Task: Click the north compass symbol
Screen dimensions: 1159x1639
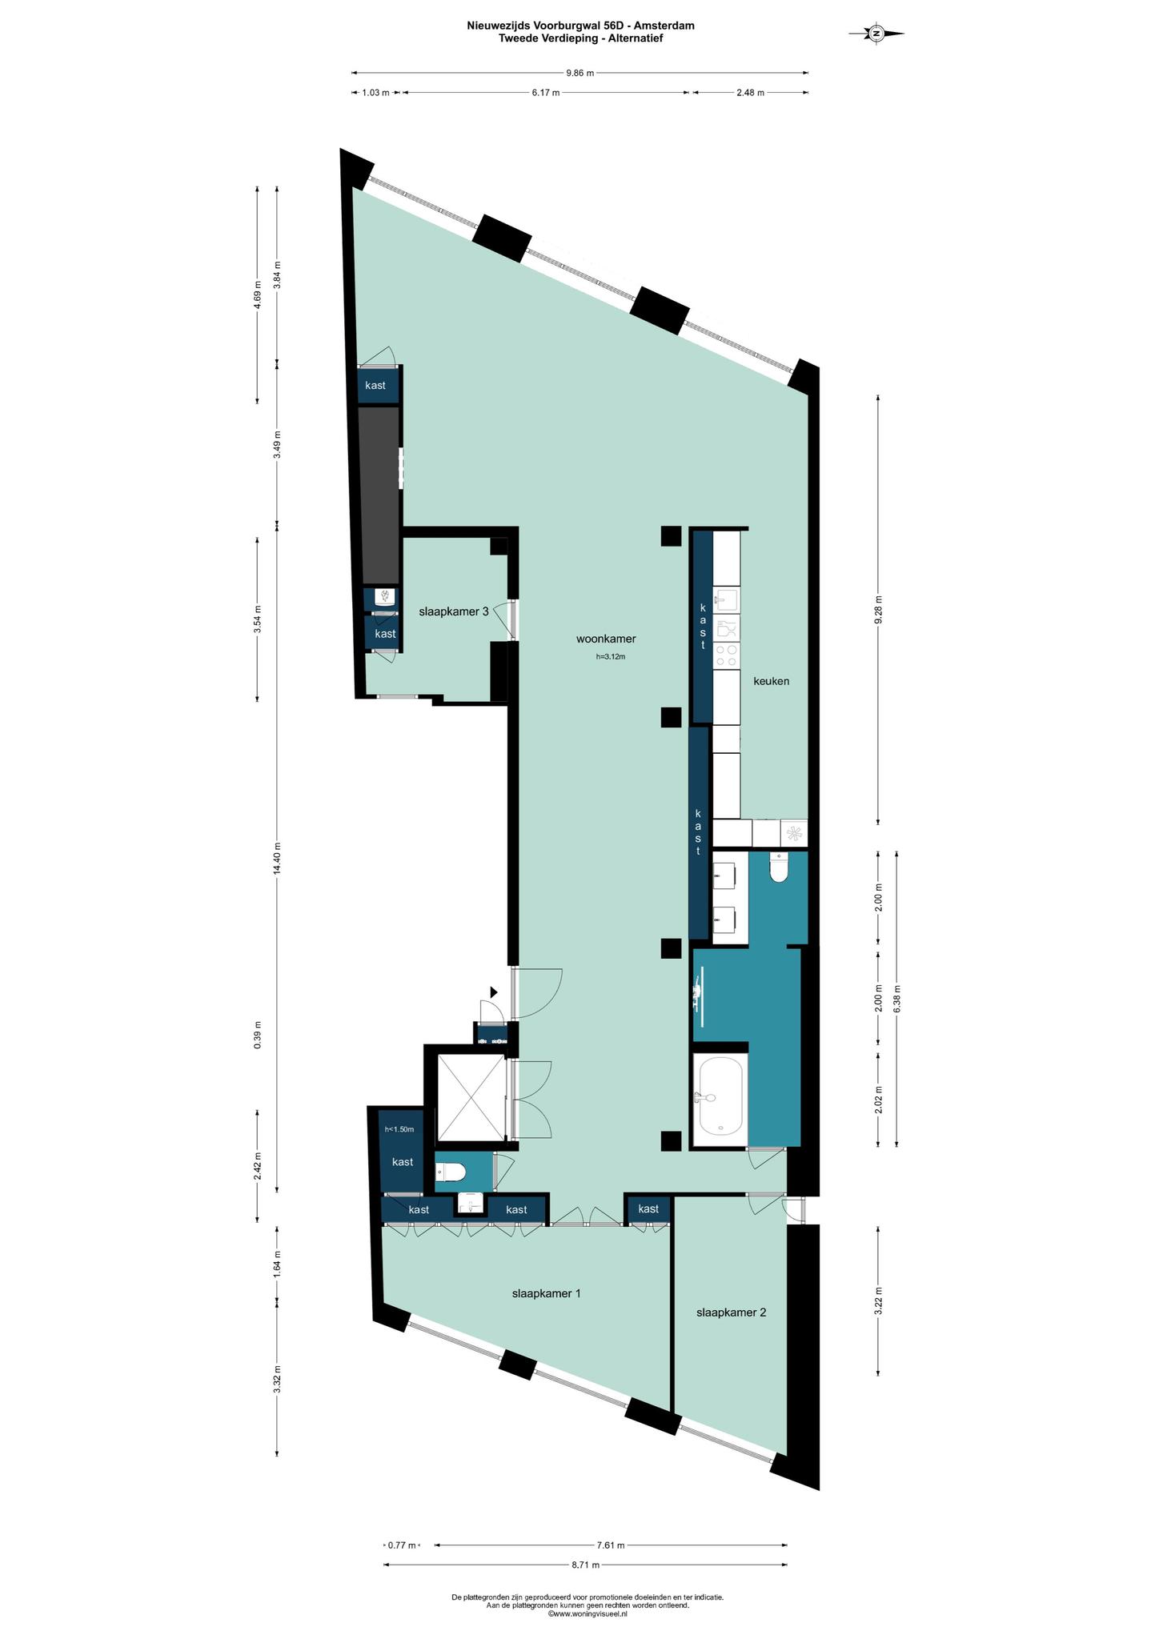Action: point(876,33)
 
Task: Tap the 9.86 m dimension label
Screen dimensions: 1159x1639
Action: point(580,73)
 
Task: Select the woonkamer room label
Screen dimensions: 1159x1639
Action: point(606,639)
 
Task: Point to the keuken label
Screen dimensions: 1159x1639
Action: point(771,681)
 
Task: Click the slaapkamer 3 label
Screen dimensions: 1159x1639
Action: point(454,611)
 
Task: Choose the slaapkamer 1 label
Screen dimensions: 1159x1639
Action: point(546,1293)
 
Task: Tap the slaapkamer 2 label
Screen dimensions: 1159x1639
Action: point(732,1312)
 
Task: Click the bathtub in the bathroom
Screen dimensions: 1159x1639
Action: point(720,1096)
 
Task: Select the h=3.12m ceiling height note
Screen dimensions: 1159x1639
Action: point(610,657)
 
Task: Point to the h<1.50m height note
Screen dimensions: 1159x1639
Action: point(399,1129)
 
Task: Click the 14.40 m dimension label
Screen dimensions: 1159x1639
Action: point(277,859)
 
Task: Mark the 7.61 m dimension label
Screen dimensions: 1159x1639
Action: point(611,1545)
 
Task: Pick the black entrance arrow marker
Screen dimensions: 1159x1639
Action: point(493,992)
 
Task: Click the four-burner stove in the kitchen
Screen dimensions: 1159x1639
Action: point(726,655)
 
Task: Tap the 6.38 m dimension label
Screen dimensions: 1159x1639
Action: point(896,999)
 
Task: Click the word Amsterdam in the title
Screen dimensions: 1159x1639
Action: point(668,26)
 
